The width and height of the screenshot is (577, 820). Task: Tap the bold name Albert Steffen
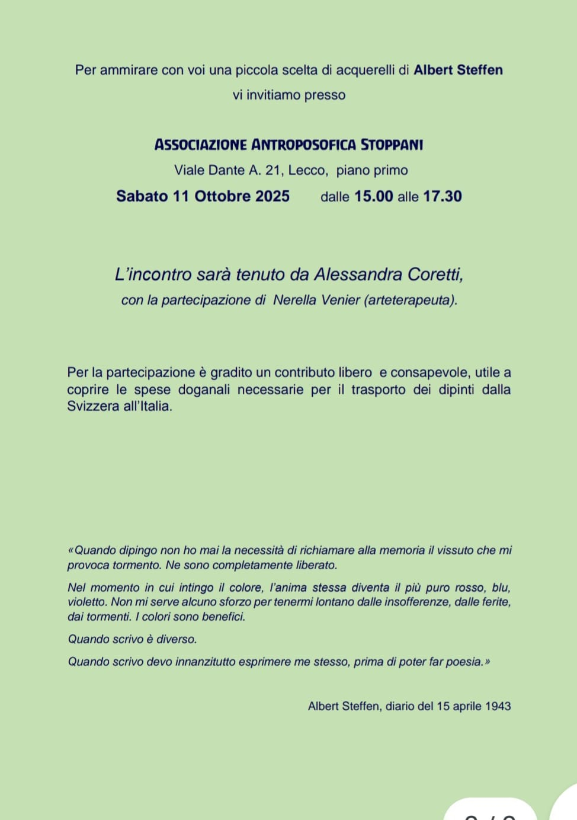point(458,70)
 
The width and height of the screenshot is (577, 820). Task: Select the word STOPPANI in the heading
point(392,145)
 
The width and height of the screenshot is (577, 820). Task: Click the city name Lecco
point(306,170)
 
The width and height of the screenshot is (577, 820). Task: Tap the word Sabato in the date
point(142,196)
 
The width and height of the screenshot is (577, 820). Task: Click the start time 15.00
point(373,196)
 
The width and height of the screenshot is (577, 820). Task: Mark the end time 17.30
point(442,196)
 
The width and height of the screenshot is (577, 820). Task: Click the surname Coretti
point(435,275)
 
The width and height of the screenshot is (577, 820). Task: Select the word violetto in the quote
point(86,602)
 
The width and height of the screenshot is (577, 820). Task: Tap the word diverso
point(176,639)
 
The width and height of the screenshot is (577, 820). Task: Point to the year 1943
point(498,706)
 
